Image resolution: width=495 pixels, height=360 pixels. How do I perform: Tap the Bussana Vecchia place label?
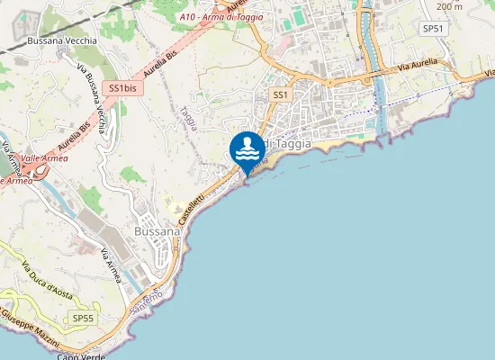(x=59, y=40)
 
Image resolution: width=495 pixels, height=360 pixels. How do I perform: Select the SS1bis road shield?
(x=121, y=87)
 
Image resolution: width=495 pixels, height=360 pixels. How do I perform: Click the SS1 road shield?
(x=281, y=94)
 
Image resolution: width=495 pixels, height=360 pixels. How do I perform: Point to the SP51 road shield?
(x=433, y=29)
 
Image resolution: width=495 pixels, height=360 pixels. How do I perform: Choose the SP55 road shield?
(x=82, y=318)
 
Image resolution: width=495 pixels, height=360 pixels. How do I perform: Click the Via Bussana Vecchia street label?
(x=94, y=99)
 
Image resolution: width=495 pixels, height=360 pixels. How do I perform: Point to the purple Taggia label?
(x=188, y=118)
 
